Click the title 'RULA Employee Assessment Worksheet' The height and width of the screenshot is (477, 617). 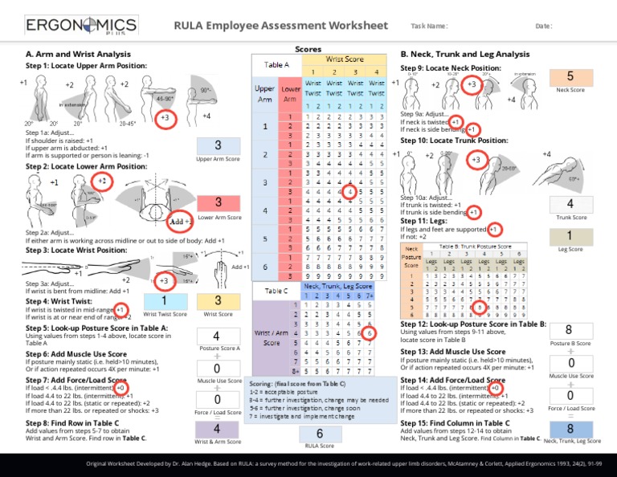pyautogui.click(x=284, y=26)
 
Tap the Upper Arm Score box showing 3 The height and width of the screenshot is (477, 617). pyautogui.click(x=218, y=146)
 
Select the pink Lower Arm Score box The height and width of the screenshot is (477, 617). pyautogui.click(x=218, y=202)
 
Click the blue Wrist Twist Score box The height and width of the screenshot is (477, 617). pyautogui.click(x=164, y=300)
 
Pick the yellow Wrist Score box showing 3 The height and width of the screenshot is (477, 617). pyautogui.click(x=218, y=300)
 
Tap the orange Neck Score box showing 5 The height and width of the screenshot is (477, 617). pyautogui.click(x=570, y=77)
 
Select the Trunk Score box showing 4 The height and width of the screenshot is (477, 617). pyautogui.click(x=570, y=204)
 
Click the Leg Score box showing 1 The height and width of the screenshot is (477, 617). pyautogui.click(x=570, y=236)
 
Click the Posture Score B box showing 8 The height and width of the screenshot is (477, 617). pyautogui.click(x=570, y=330)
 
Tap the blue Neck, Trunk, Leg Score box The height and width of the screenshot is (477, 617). pyautogui.click(x=570, y=429)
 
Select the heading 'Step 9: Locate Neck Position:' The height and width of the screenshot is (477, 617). pyautogui.click(x=444, y=68)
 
